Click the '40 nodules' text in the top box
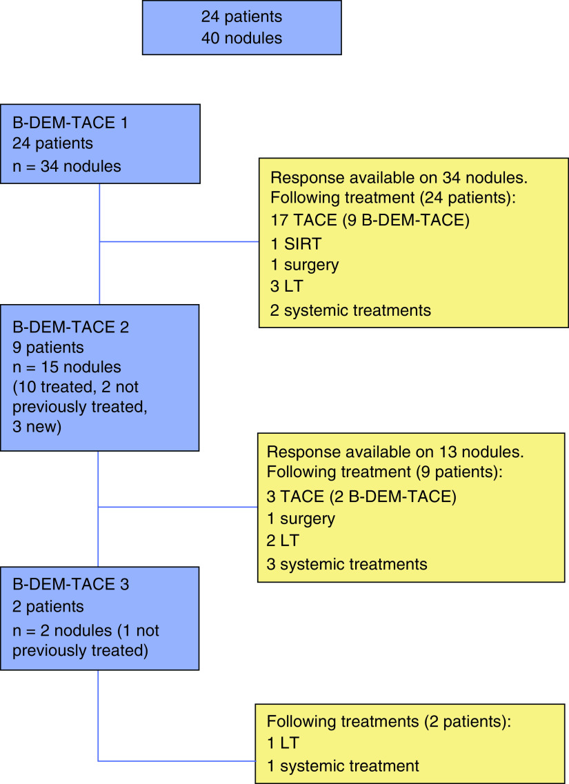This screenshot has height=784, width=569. pyautogui.click(x=241, y=38)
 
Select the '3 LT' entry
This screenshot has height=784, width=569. pyautogui.click(x=286, y=288)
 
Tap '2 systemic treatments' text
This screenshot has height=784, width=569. pyautogui.click(x=351, y=310)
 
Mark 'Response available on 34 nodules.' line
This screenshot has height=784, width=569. pyautogui.click(x=399, y=178)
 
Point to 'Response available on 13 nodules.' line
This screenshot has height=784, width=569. pyautogui.click(x=395, y=452)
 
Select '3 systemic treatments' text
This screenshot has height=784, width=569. pyautogui.click(x=347, y=564)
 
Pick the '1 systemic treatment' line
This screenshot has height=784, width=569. pyautogui.click(x=343, y=765)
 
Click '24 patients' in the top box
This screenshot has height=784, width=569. pyautogui.click(x=241, y=16)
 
